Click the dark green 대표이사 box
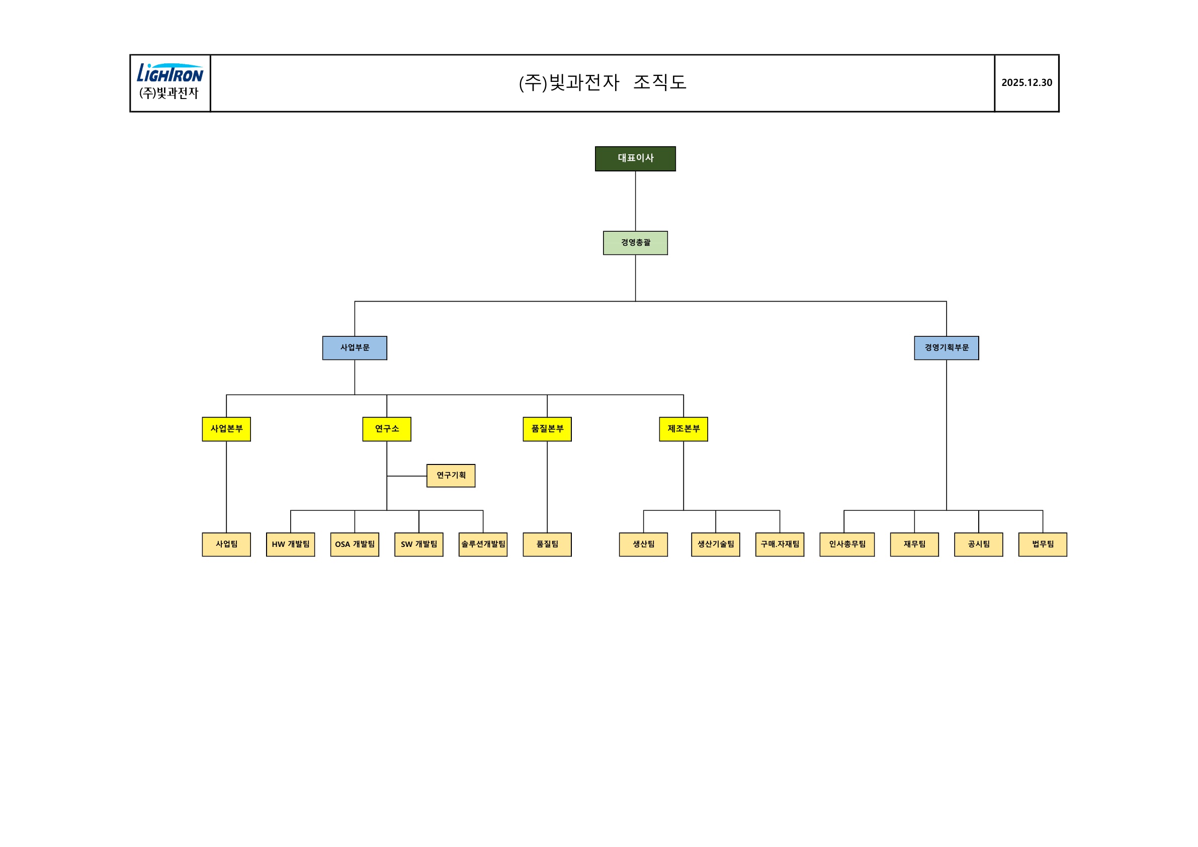tap(635, 158)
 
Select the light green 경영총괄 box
tap(635, 243)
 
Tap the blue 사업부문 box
tap(354, 348)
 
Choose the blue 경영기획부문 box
tap(946, 348)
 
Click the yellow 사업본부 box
tap(226, 429)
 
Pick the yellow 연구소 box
tap(387, 429)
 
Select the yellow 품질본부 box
tap(547, 429)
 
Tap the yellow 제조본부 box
tap(683, 429)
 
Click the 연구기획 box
tap(451, 476)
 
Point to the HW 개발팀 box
tap(290, 544)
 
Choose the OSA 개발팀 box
tap(354, 544)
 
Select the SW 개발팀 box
tap(418, 544)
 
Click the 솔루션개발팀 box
tap(483, 544)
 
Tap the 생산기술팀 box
tap(715, 544)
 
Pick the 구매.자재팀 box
tap(780, 544)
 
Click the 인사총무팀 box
tap(847, 544)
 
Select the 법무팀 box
tap(1043, 544)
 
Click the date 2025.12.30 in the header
tap(1026, 83)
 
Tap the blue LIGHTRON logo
tap(170, 73)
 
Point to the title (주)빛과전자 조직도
tap(602, 83)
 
